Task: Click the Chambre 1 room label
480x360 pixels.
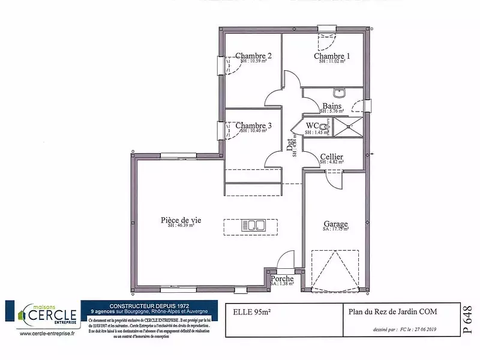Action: tap(332, 56)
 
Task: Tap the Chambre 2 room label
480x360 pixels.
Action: tap(253, 56)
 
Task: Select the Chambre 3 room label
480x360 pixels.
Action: tap(253, 125)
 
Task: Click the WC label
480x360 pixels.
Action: tap(312, 125)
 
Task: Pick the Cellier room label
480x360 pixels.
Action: tap(332, 157)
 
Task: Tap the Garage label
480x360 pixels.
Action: tap(335, 224)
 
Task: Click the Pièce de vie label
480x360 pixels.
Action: tap(181, 220)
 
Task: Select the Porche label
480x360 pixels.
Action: tap(282, 279)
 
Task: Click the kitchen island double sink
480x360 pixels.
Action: tap(254, 226)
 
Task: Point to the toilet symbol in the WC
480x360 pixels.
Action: tap(323, 126)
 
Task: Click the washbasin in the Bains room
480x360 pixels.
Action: tap(340, 93)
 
